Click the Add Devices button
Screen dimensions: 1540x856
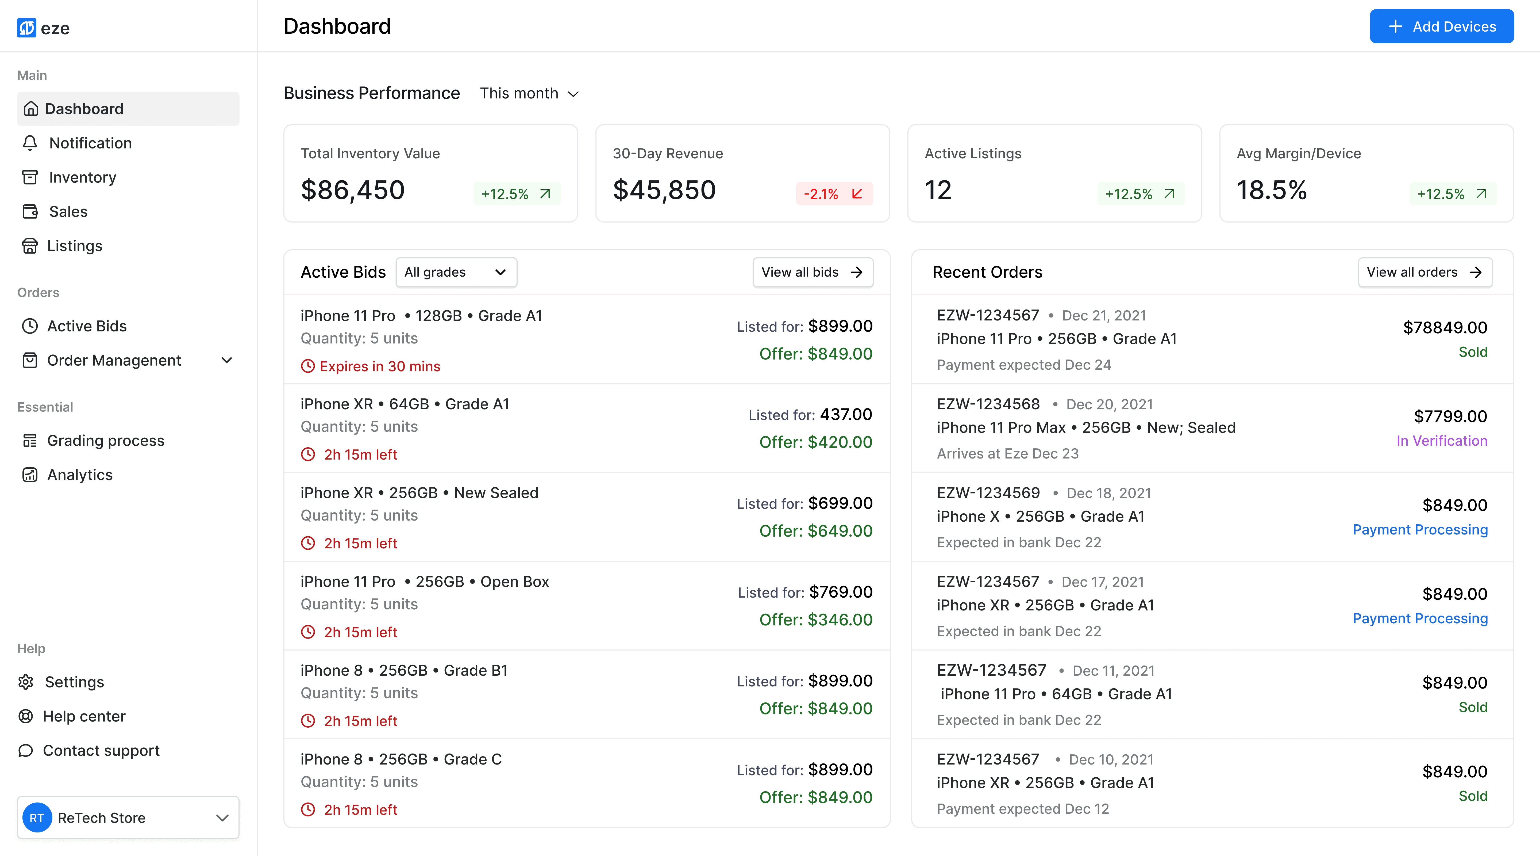(1441, 26)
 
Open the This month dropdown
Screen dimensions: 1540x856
(529, 93)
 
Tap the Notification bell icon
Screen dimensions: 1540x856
(30, 143)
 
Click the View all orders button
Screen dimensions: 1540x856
(1424, 272)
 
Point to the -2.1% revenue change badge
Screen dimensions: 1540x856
(834, 194)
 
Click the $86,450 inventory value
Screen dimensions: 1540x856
(353, 190)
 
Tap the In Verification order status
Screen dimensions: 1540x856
(1441, 441)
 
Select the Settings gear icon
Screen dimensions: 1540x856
(26, 682)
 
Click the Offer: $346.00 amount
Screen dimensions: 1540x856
(815, 620)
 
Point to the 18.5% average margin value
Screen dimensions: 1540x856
(1272, 190)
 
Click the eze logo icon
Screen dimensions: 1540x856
(26, 28)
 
